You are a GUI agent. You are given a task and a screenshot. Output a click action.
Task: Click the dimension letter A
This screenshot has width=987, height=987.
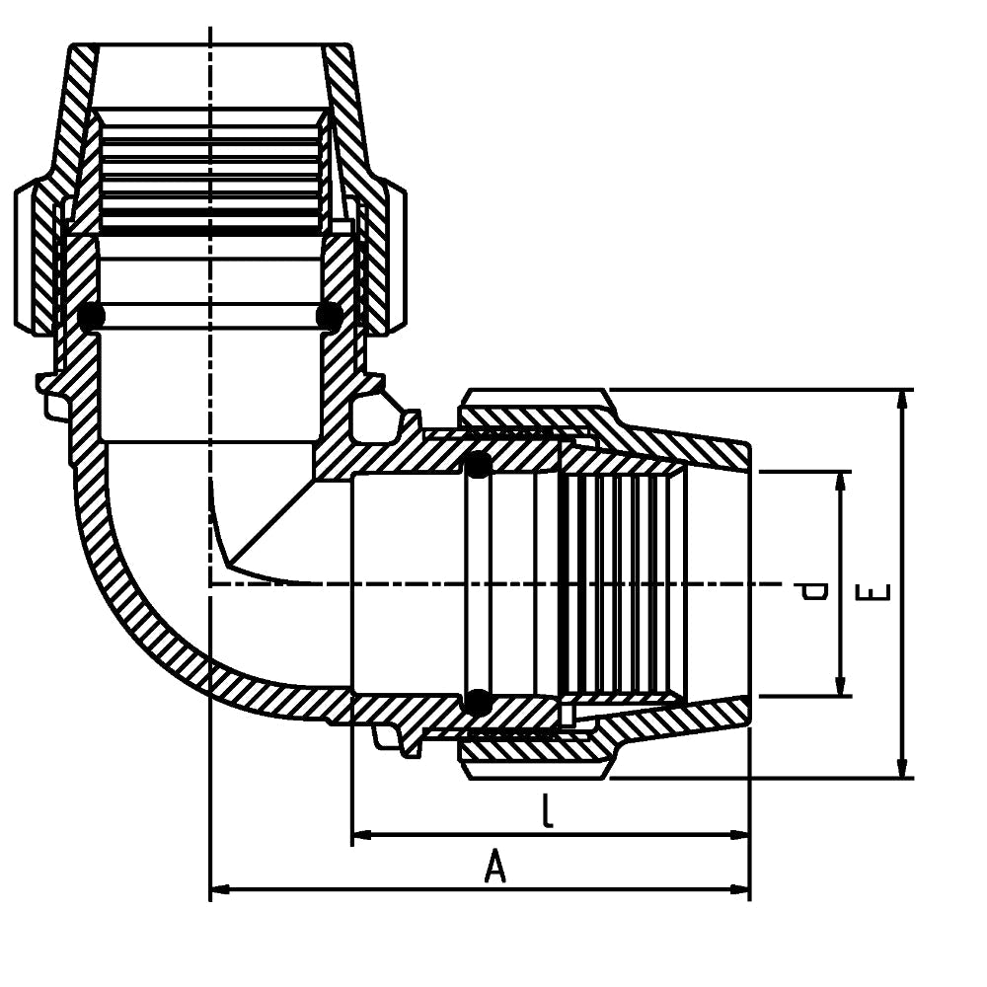495,868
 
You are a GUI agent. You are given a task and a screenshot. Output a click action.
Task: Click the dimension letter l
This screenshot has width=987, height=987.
548,811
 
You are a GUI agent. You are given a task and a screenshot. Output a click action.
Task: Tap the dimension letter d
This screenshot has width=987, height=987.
815,590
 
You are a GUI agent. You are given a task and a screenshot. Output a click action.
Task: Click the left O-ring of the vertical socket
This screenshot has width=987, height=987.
92,316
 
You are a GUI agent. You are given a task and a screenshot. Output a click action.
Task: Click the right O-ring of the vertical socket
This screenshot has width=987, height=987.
329,316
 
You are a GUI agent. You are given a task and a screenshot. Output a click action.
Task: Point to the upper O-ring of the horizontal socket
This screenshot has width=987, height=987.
478,465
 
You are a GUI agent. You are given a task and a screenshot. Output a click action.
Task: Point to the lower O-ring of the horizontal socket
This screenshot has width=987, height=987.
478,702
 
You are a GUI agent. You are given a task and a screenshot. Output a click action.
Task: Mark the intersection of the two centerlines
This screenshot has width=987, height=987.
210,584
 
